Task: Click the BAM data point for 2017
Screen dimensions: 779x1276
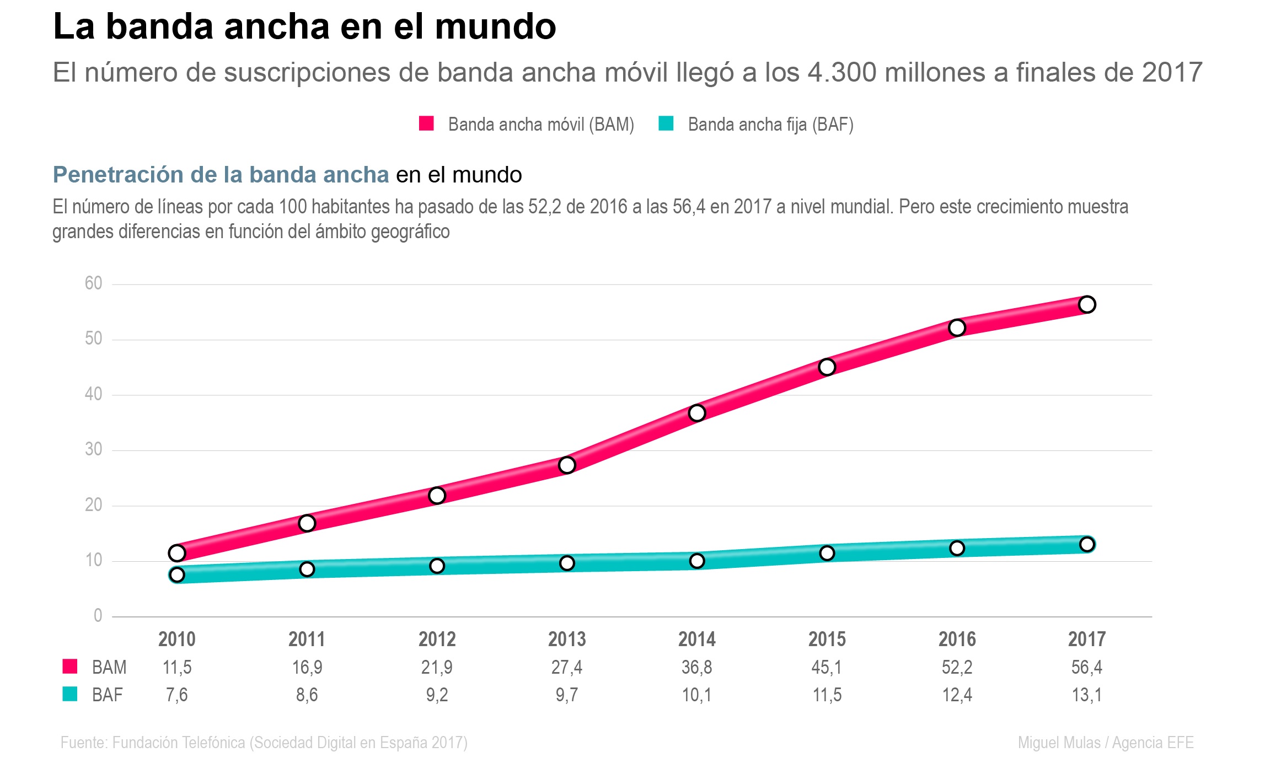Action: [x=1087, y=304]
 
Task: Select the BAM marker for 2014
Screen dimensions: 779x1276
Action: [x=697, y=413]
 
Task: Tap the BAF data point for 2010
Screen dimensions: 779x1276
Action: [x=177, y=575]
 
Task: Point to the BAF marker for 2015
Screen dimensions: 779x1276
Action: [x=827, y=553]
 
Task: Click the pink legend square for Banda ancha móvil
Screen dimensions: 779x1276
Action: [x=426, y=123]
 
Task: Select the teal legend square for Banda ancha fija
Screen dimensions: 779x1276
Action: [x=666, y=123]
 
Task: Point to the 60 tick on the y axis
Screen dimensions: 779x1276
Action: [x=94, y=283]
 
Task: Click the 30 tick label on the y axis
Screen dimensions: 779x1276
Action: [x=94, y=449]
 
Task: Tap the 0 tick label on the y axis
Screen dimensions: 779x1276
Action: [x=98, y=615]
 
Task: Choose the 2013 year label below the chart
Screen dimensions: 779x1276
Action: [x=567, y=639]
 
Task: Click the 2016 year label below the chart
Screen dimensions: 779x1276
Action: [x=957, y=639]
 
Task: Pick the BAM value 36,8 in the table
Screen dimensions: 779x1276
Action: [x=696, y=667]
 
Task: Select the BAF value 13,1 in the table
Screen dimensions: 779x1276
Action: [x=1086, y=695]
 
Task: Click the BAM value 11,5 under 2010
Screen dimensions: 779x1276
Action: [x=177, y=667]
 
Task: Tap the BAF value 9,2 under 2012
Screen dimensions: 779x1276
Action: [x=437, y=695]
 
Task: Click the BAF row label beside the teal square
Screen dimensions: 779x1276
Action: [x=108, y=695]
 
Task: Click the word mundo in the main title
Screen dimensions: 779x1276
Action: [x=495, y=26]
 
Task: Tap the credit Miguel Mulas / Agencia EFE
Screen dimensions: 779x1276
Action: [x=1106, y=743]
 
